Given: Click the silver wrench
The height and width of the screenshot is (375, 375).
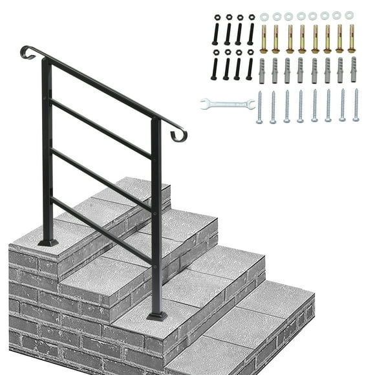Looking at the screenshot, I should pos(227,103).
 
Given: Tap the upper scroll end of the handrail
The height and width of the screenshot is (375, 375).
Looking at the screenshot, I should pos(27,52).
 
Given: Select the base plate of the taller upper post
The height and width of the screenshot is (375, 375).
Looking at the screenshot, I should pos(47,242).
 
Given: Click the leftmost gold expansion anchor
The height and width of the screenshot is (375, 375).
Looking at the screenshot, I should pos(264,39).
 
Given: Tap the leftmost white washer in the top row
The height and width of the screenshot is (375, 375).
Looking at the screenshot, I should pos(264,16).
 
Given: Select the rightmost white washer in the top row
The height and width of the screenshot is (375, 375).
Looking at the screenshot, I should pos(349,15).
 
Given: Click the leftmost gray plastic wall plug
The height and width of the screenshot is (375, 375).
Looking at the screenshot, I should pos(261,70).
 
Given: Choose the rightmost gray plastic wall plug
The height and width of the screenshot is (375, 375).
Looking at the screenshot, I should pos(354,70).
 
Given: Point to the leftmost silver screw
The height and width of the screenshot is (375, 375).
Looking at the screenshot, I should pos(259,107).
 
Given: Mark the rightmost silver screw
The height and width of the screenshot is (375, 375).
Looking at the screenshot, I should pos(356,106).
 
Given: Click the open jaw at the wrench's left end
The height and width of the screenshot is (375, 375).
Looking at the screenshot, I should pos(205,103).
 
